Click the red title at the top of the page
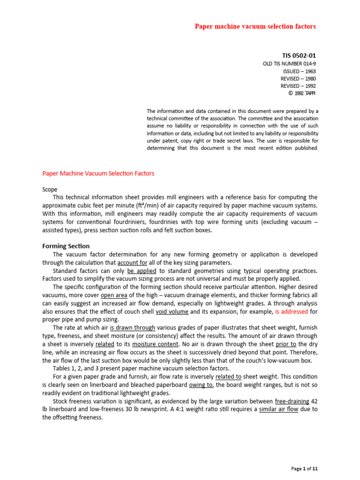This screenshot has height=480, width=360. [x=255, y=26]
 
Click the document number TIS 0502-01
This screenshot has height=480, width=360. [x=299, y=55]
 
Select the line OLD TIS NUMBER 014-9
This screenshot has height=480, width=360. [x=289, y=63]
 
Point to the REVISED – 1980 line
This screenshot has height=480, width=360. [x=298, y=78]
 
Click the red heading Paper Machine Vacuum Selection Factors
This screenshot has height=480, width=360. [x=98, y=173]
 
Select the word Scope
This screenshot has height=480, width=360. [x=50, y=189]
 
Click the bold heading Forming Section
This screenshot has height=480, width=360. [x=66, y=246]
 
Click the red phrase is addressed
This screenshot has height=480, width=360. [x=291, y=311]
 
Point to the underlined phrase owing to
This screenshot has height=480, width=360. [x=201, y=385]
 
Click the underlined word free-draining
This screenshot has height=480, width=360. [x=292, y=401]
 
